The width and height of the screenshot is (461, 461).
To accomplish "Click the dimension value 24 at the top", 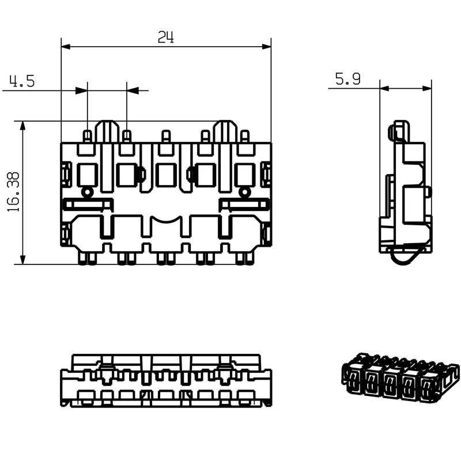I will point(166,37).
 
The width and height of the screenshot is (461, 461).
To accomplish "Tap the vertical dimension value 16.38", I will point(13,192).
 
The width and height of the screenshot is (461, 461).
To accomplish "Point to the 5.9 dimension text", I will point(347,80).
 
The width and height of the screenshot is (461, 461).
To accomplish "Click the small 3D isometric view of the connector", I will point(400,378).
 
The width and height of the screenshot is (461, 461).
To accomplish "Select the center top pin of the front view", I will point(166,137).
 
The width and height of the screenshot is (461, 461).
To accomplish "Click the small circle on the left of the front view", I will point(88,192).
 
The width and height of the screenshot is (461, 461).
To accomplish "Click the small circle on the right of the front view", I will point(244,192).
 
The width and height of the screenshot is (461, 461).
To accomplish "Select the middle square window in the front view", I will point(166,175).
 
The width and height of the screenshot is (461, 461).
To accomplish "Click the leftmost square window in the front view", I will point(88,175).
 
